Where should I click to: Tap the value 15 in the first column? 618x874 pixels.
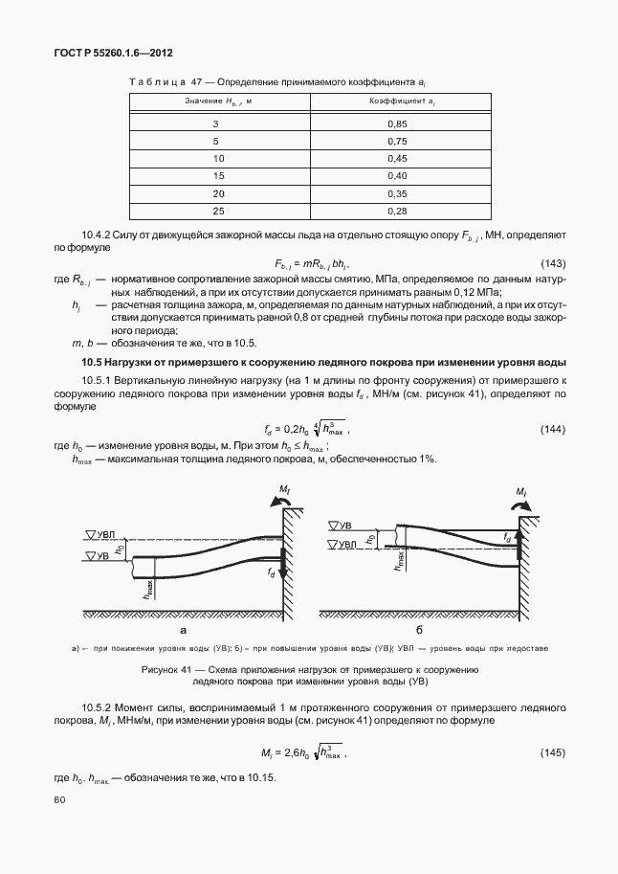tap(218, 175)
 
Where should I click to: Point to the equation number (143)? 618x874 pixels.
tap(552, 263)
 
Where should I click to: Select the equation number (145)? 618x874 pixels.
tap(552, 752)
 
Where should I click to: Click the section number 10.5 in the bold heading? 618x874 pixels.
tap(92, 361)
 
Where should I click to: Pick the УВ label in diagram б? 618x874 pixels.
tap(341, 526)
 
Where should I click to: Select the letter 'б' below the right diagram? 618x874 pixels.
tap(419, 631)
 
